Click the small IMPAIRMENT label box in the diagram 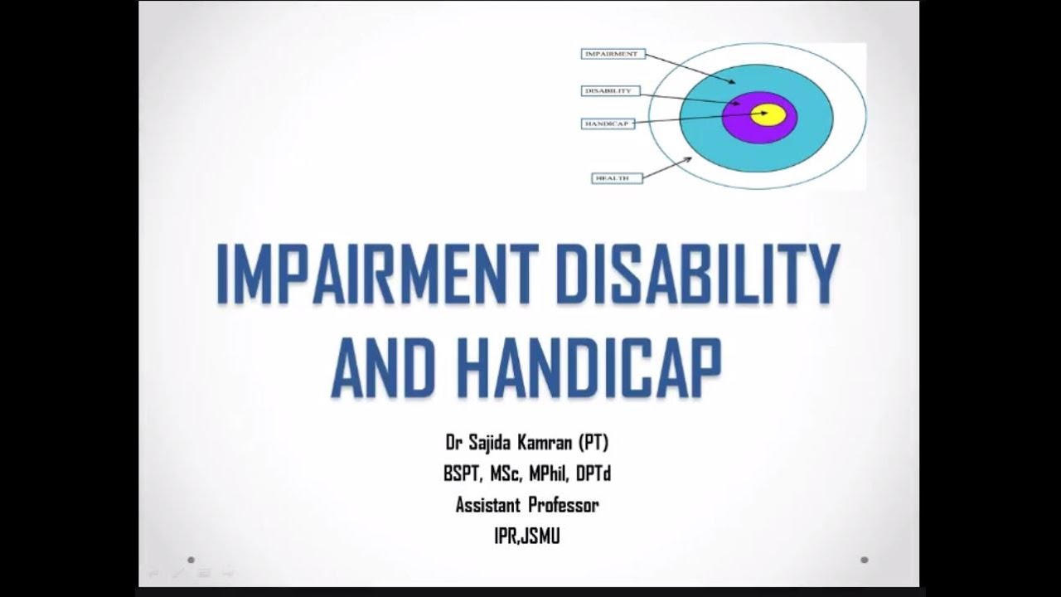pyautogui.click(x=612, y=54)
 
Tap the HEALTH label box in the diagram pyautogui.click(x=617, y=177)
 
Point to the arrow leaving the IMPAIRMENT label pyautogui.click(x=688, y=68)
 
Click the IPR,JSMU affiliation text pyautogui.click(x=526, y=536)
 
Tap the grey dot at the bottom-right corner pyautogui.click(x=865, y=560)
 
